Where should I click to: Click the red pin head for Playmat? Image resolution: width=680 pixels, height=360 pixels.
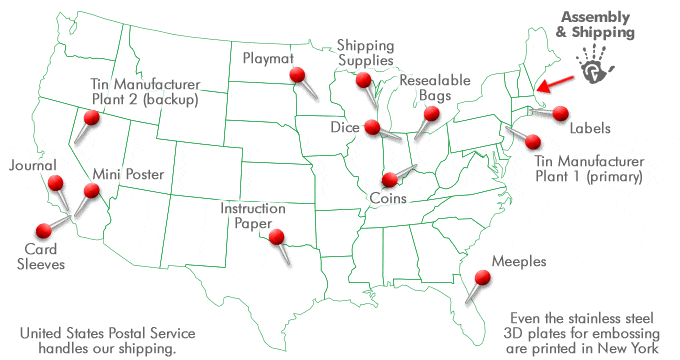(297, 75)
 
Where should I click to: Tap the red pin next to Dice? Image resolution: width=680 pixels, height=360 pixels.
(372, 127)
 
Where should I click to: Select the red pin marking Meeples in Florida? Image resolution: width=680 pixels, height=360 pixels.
(485, 276)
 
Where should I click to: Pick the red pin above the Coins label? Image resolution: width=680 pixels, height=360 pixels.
(388, 180)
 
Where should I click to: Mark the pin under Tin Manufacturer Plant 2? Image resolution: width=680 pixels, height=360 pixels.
(92, 119)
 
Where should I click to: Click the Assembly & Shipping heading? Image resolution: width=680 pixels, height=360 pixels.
(597, 26)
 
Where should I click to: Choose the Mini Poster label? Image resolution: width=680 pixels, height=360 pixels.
(128, 173)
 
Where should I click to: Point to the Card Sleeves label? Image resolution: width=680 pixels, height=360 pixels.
(46, 257)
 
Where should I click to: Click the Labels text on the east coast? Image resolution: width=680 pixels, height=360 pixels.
(591, 129)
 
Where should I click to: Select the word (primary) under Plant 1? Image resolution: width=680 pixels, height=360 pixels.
(608, 178)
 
